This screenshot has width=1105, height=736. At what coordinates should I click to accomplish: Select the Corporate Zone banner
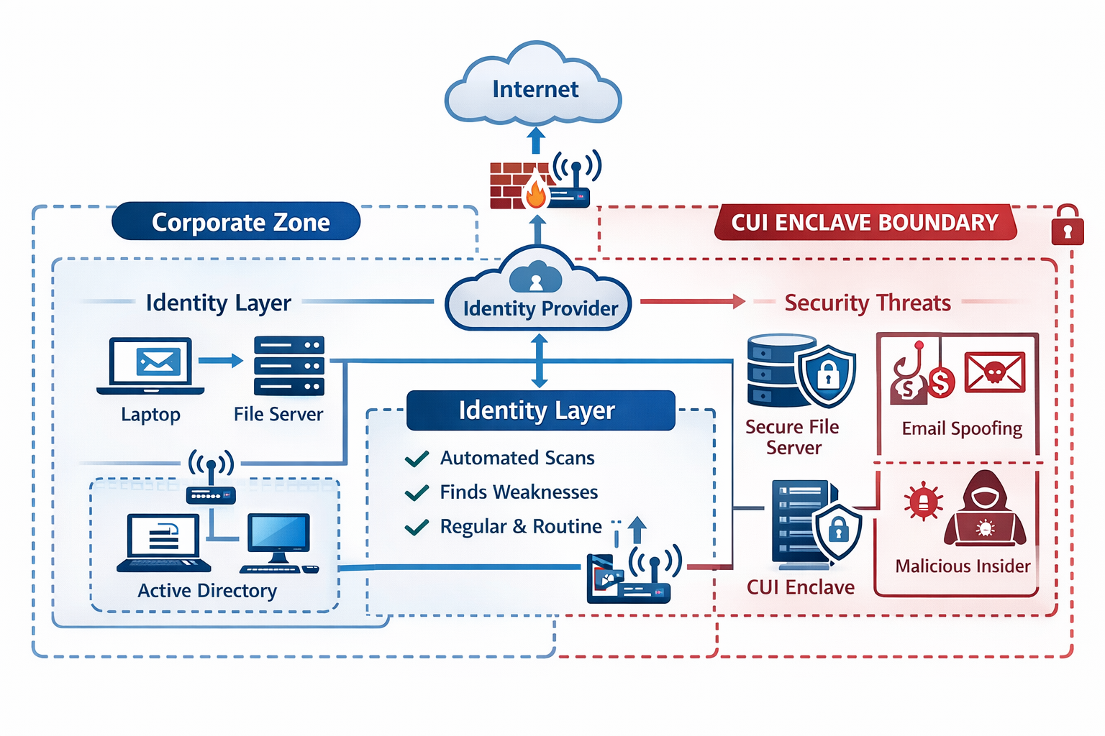[237, 221]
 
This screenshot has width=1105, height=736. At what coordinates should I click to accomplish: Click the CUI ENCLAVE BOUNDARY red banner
[865, 222]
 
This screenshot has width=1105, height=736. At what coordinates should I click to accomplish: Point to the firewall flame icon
[535, 192]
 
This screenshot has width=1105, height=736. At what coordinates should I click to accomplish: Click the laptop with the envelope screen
[150, 365]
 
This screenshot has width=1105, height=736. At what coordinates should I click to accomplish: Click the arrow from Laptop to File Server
[221, 361]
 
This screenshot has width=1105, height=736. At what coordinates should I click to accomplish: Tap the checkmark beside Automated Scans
[417, 459]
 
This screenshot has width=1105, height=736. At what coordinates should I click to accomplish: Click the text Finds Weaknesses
[519, 492]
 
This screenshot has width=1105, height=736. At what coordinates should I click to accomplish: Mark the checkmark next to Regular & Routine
[417, 528]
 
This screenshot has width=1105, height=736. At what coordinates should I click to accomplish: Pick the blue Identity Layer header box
[540, 410]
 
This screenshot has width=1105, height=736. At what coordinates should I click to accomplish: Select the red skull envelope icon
[994, 372]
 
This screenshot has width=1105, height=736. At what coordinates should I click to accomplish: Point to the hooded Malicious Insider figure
[985, 511]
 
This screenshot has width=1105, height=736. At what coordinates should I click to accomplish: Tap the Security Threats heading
[868, 303]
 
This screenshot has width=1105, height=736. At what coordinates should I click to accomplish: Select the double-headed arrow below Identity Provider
[539, 362]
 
